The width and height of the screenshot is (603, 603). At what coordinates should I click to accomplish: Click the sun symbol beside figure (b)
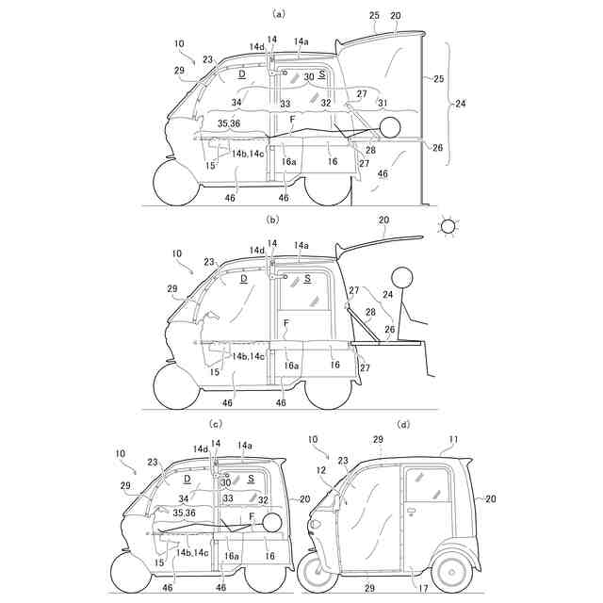(x=448, y=226)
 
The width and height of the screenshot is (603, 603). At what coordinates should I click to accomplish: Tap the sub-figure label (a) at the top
(x=278, y=14)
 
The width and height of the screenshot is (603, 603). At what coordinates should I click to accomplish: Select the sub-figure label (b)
(x=273, y=219)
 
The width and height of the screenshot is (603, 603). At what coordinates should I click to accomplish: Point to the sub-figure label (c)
(x=217, y=425)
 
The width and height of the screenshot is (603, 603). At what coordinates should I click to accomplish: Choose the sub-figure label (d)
(x=404, y=425)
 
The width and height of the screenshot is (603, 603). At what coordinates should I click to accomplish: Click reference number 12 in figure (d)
(x=320, y=471)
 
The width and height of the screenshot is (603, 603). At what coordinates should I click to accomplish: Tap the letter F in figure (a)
(x=293, y=120)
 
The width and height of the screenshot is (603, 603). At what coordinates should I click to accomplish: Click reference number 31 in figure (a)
(x=382, y=103)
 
